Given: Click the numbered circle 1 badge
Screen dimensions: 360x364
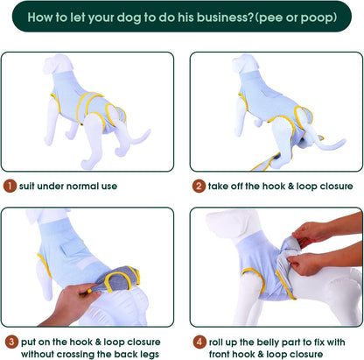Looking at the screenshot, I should (x=9, y=186).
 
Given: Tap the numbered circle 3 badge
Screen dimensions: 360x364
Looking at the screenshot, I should (x=9, y=340).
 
